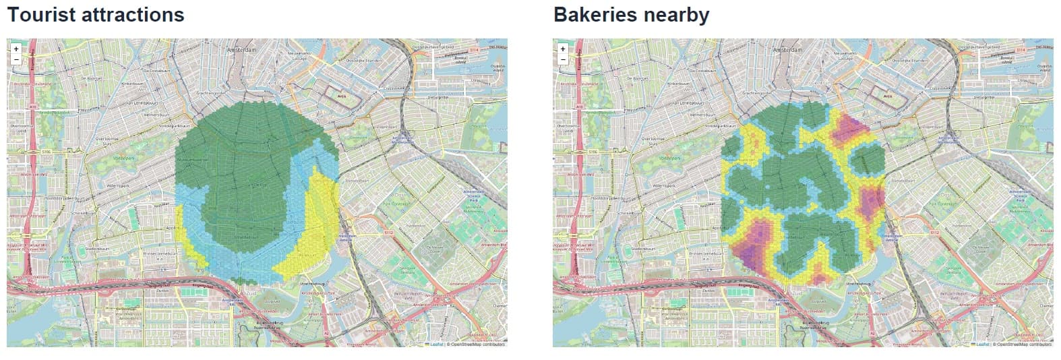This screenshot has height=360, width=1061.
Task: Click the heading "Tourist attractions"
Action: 95,15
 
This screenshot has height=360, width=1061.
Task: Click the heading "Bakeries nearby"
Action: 631,15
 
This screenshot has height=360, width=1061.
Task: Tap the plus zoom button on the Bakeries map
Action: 563,49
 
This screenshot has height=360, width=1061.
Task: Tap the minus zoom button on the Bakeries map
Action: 563,59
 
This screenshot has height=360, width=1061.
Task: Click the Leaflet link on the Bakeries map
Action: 982,344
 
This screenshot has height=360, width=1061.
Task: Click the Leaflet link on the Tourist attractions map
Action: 436,344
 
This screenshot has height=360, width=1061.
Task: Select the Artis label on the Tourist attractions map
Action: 341,96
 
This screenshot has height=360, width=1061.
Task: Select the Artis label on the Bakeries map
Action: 887,96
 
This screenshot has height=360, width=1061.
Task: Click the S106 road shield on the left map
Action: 46,152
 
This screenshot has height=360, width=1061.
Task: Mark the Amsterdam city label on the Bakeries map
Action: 787,51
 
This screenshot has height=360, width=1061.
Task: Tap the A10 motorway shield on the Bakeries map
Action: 578,107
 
